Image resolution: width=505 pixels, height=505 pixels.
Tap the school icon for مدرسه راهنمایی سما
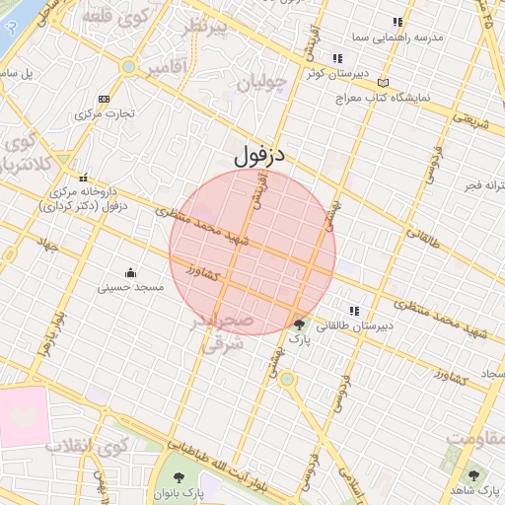pyautogui.click(x=397, y=22)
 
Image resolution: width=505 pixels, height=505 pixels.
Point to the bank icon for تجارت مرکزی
pyautogui.click(x=105, y=99)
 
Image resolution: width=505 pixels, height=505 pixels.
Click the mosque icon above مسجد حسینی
pyautogui.click(x=130, y=272)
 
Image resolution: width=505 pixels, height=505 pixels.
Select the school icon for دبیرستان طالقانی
pyautogui.click(x=354, y=312)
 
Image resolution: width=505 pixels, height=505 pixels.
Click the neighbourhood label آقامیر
pyautogui.click(x=170, y=69)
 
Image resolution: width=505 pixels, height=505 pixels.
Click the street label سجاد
pyautogui.click(x=490, y=376)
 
